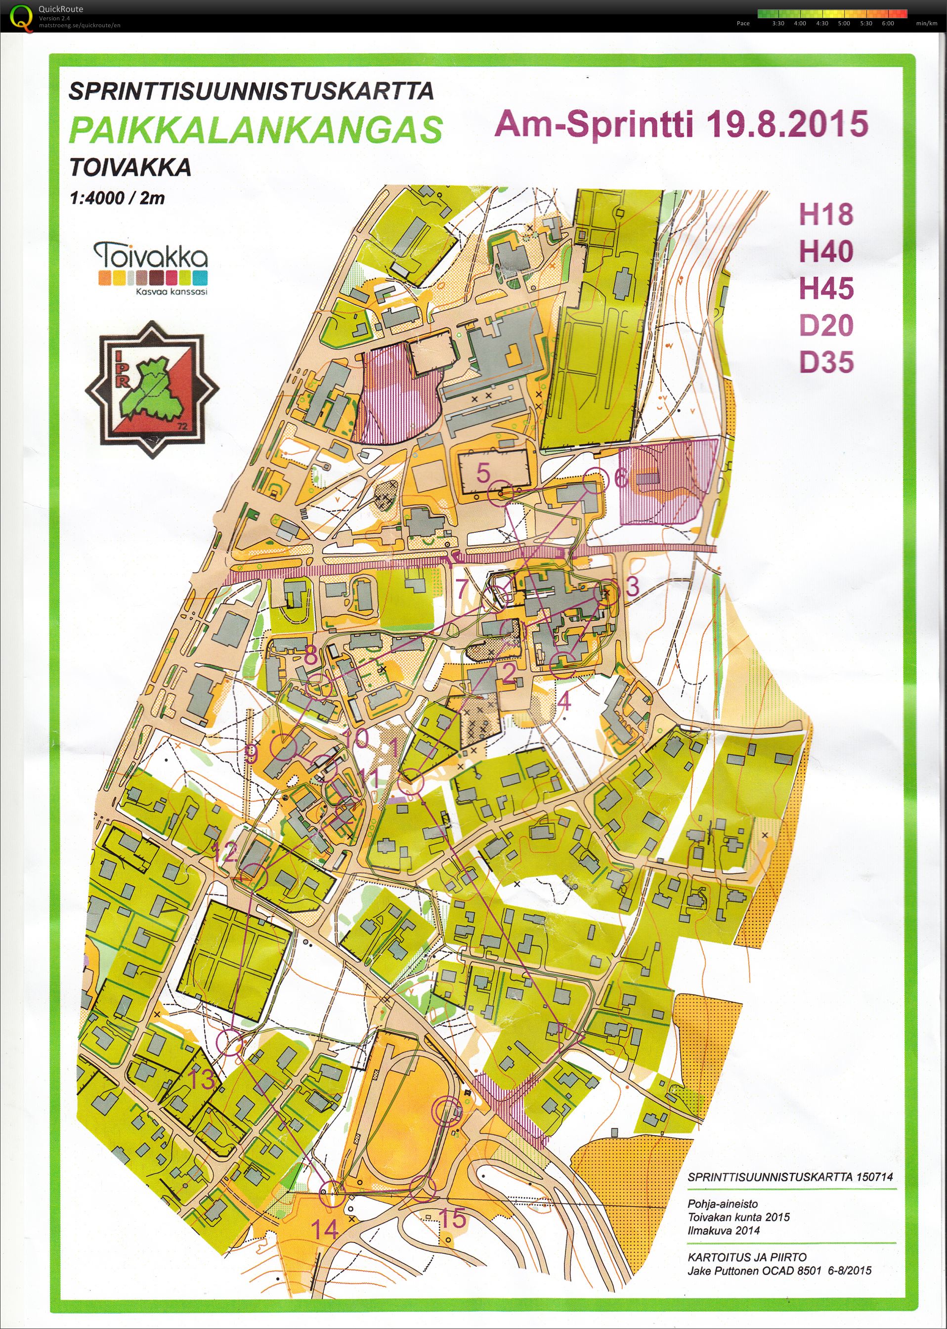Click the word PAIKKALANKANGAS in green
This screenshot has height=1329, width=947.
click(x=256, y=129)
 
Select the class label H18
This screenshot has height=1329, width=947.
click(x=826, y=215)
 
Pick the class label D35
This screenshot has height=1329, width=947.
click(x=826, y=362)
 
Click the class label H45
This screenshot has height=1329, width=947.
click(x=826, y=289)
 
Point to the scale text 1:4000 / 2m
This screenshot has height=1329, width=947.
click(x=117, y=198)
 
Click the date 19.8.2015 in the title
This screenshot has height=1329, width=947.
click(x=787, y=124)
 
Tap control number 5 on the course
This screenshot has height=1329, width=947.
click(x=483, y=472)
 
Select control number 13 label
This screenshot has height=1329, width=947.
click(x=202, y=1079)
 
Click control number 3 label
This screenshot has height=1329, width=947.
click(x=632, y=586)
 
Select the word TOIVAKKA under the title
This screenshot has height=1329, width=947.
click(x=130, y=168)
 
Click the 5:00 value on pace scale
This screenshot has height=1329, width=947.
click(x=844, y=23)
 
